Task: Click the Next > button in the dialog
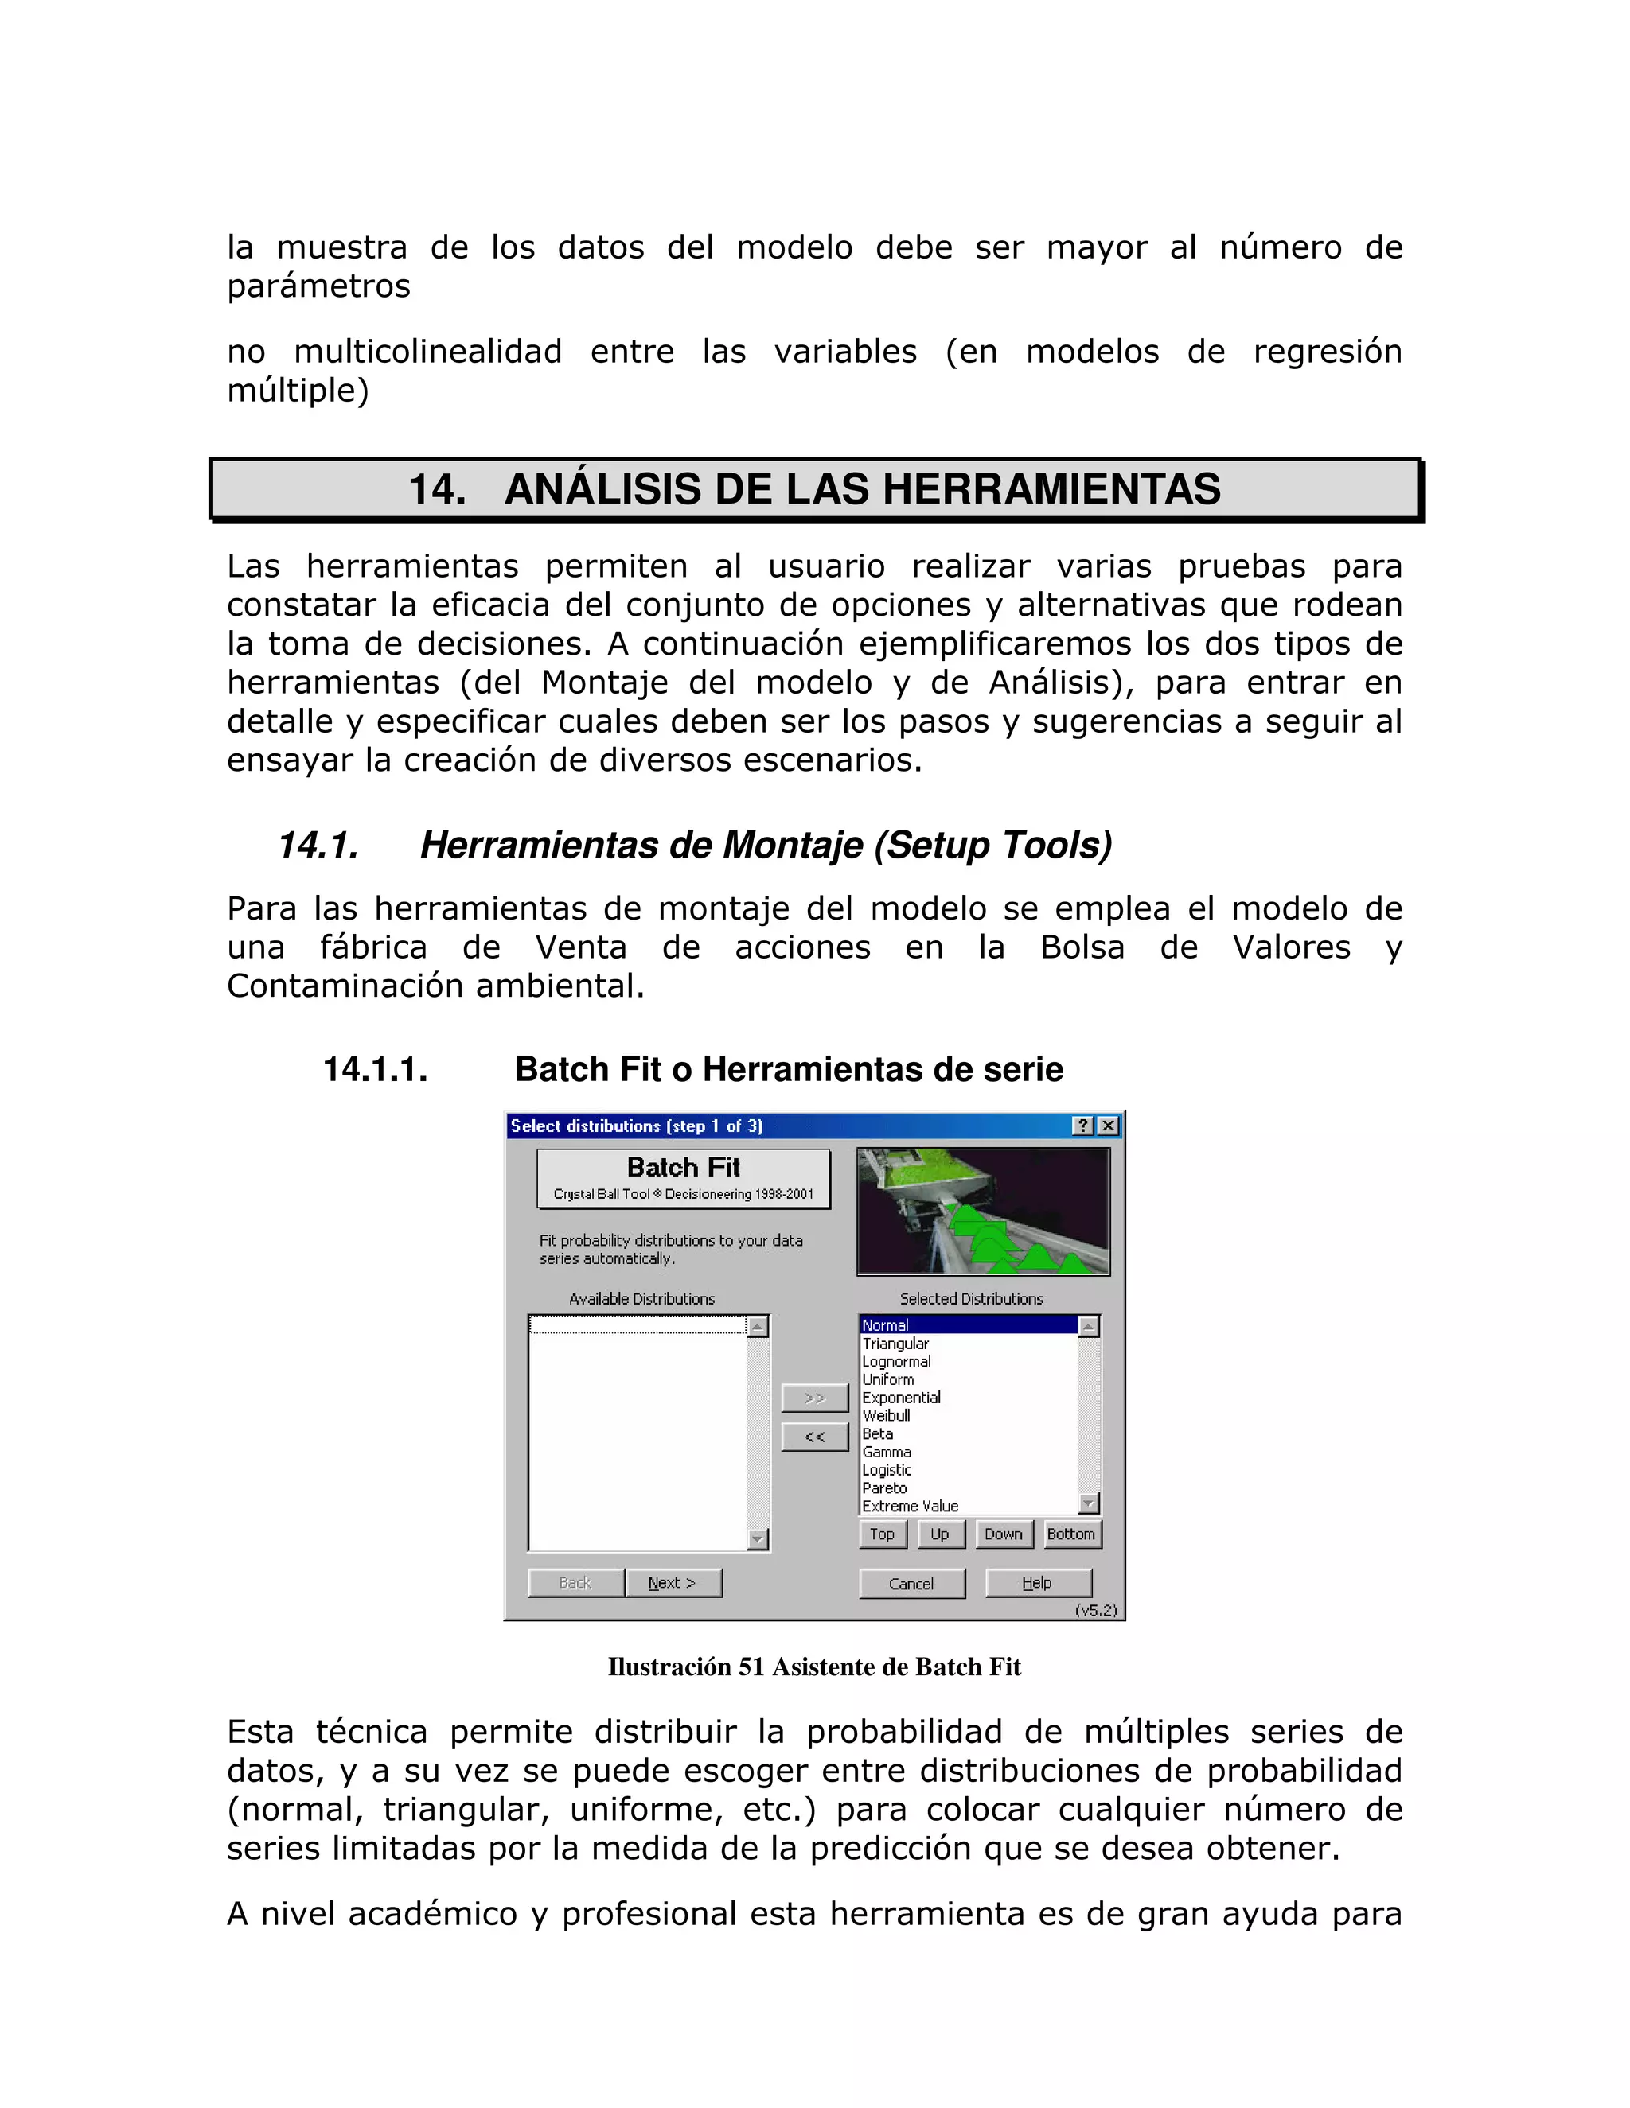tap(672, 1583)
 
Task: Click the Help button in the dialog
tap(1037, 1583)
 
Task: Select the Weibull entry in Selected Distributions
tap(887, 1416)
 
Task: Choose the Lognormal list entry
tap(896, 1362)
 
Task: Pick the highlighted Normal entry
tap(886, 1325)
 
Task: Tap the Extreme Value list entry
tap(910, 1506)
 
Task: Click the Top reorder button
tap(882, 1534)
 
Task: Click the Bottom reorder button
tap(1071, 1534)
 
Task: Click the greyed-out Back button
tap(575, 1583)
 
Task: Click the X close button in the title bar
tap(1109, 1126)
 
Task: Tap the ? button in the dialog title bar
tap(1083, 1126)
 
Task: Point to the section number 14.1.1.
tap(376, 1069)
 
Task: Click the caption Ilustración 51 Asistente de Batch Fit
tap(814, 1667)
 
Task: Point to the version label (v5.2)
tap(1095, 1610)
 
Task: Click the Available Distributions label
tap(642, 1299)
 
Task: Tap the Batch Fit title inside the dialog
tap(683, 1168)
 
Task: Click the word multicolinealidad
tap(427, 352)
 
